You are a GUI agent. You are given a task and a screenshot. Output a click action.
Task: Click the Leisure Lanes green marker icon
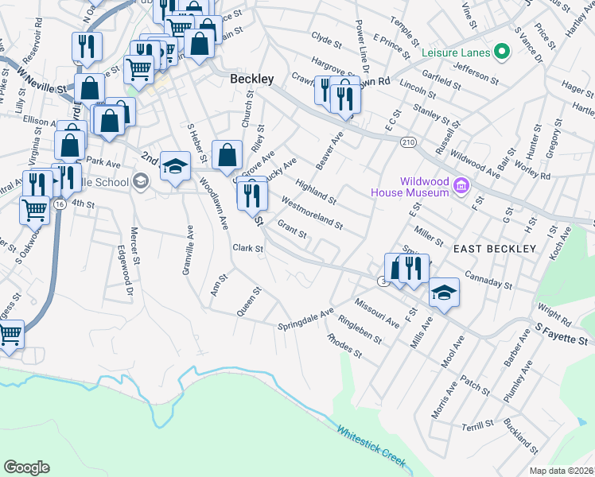[501, 52]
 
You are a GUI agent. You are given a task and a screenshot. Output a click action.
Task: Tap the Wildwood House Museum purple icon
[460, 186]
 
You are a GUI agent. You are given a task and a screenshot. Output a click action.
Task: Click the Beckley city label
[251, 79]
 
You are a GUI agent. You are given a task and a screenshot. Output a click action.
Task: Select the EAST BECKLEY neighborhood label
[495, 249]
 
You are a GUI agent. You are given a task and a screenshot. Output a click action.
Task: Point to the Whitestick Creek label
[371, 447]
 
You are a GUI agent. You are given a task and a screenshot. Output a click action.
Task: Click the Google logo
[26, 467]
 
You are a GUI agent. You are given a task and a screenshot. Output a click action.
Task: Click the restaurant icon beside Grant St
[252, 194]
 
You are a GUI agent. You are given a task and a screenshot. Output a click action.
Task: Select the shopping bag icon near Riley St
[227, 154]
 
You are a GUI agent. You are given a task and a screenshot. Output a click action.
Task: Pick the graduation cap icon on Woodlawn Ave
[175, 166]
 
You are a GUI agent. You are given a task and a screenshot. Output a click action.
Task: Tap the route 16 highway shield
[60, 204]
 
